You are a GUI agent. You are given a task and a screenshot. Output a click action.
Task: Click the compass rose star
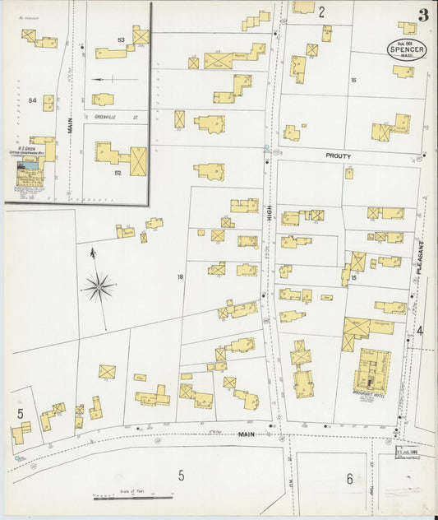(99, 286)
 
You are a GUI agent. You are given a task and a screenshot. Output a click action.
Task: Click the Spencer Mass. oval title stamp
(408, 50)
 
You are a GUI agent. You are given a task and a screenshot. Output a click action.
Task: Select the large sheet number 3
(422, 15)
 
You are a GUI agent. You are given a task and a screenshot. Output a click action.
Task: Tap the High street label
(269, 215)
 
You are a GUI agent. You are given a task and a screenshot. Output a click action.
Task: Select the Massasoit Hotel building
(373, 369)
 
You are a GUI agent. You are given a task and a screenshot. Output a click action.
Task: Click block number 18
(180, 276)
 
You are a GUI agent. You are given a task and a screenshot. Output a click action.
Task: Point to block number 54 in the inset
(33, 100)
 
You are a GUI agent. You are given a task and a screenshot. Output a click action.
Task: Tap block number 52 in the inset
(118, 172)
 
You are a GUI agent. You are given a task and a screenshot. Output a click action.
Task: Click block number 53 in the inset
(121, 39)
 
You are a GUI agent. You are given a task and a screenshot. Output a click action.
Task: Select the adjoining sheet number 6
(348, 479)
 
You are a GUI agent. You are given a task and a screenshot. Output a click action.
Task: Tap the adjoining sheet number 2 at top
(321, 12)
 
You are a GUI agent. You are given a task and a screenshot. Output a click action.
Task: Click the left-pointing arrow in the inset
(103, 80)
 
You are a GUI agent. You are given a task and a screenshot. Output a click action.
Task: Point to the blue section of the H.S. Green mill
(30, 165)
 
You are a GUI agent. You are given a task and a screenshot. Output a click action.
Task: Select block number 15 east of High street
(353, 278)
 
